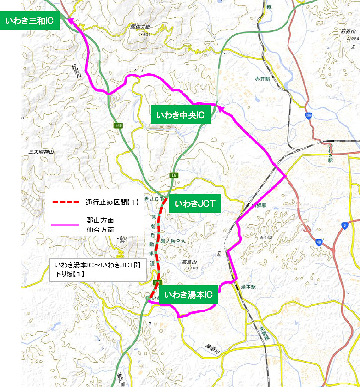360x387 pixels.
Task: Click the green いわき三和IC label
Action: tap(30, 21)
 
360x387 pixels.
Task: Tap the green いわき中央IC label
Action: tap(181, 116)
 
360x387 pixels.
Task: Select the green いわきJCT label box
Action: tap(192, 204)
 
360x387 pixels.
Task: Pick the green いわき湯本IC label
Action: tap(188, 295)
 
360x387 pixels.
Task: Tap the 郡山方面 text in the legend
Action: tap(100, 220)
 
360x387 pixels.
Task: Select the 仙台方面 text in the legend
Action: tap(100, 230)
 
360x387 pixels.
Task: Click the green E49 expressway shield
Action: tap(118, 126)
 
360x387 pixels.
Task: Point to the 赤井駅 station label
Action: tap(262, 78)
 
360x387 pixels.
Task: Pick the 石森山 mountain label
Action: tap(347, 32)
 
